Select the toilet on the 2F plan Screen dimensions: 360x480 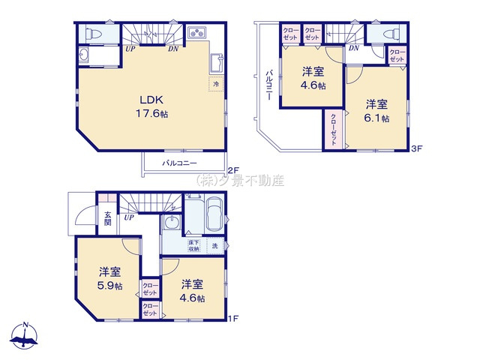[91, 34]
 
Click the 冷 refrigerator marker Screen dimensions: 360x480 [216, 85]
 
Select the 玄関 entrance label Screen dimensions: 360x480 [108, 218]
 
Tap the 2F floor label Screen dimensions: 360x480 [232, 170]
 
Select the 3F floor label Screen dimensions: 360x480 [418, 148]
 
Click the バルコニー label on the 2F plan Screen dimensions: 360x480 [180, 163]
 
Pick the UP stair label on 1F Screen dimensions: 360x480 [130, 218]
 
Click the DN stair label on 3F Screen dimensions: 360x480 [354, 49]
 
